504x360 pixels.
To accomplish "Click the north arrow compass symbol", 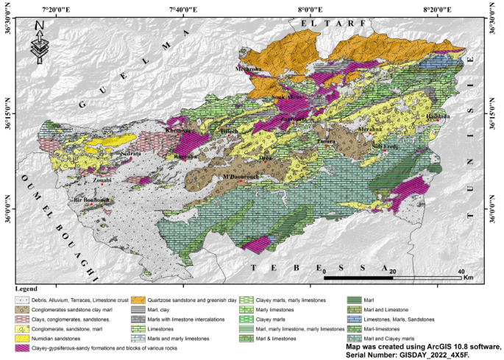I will coord(38,43).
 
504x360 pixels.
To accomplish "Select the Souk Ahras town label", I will coord(286,97).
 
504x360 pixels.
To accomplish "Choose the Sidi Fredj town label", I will coord(386,147).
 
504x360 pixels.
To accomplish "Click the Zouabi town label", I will coord(102,180).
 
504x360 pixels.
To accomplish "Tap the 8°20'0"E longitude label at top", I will coord(437,8).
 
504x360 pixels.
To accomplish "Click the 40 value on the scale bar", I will coord(461,272).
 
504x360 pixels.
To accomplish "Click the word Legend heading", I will coord(26,290).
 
